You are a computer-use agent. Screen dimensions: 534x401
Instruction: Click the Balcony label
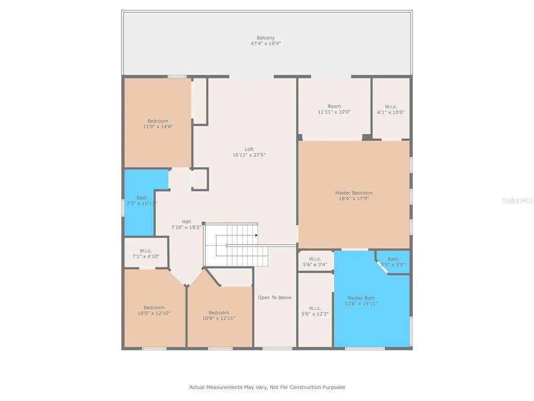(265, 41)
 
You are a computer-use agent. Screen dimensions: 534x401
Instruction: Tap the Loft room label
(249, 152)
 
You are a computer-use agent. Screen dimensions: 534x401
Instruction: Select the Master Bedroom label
(354, 195)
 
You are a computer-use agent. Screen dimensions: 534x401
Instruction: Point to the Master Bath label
(361, 301)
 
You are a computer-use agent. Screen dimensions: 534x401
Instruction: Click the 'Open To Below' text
(275, 297)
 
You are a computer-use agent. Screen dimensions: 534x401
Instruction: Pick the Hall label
(186, 225)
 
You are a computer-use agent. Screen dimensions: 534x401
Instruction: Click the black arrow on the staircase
(256, 235)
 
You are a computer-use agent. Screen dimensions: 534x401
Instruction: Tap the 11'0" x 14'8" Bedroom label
(158, 124)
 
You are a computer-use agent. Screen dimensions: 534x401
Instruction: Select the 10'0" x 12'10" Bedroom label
(154, 310)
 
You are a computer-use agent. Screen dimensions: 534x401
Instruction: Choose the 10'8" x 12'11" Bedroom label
(219, 315)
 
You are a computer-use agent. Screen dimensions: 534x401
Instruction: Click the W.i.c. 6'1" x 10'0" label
(391, 110)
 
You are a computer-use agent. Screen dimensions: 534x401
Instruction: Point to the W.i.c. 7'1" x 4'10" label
(146, 254)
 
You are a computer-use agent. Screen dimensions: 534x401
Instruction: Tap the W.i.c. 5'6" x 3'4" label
(315, 262)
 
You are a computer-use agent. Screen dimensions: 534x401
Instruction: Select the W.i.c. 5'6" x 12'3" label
(315, 311)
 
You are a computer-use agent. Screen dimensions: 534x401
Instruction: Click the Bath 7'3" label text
(142, 200)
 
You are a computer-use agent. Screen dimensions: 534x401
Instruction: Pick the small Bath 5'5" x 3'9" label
(393, 262)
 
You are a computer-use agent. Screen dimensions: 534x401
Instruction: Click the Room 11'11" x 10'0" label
(334, 109)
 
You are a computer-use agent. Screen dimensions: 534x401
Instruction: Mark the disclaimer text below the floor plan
(267, 387)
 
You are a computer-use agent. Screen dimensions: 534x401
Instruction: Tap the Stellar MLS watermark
(518, 200)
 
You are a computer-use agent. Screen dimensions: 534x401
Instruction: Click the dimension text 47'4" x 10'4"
(265, 43)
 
